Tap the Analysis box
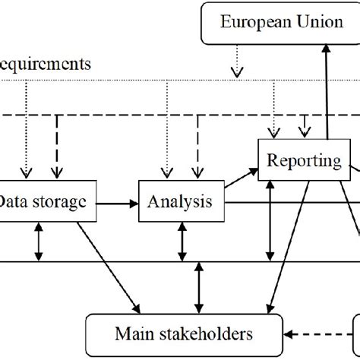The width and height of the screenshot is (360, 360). click(x=181, y=202)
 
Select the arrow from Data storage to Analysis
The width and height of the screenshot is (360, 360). click(x=117, y=203)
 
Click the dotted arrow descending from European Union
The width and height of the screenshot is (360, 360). click(x=238, y=61)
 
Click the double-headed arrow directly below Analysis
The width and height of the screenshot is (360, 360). click(x=181, y=243)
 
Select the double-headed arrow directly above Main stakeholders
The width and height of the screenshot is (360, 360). click(x=198, y=286)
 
